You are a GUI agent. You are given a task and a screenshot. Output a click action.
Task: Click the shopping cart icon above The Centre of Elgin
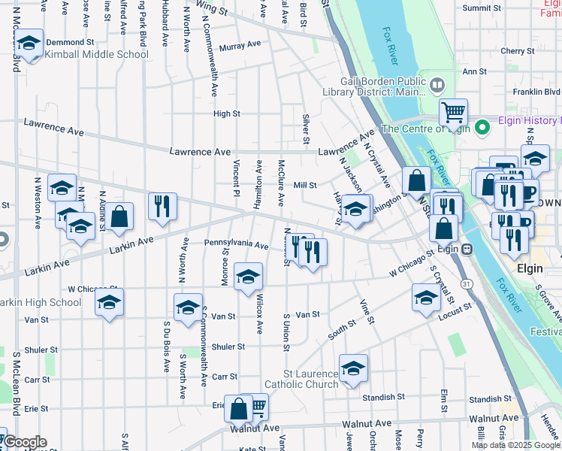pos(453,113)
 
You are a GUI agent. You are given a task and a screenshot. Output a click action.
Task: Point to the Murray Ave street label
pos(240,45)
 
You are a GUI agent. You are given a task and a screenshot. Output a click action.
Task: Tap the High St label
pos(226,114)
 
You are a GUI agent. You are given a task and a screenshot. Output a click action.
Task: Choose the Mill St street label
pos(305,185)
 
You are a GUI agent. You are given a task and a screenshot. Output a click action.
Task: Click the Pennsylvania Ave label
pos(236,245)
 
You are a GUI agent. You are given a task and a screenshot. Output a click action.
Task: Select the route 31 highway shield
pos(467,283)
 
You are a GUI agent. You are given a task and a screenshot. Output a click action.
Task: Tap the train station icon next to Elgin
pos(467,249)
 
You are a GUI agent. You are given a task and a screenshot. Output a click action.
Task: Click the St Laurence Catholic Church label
pos(310,380)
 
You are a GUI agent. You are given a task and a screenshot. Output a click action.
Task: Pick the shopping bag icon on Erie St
pos(238,410)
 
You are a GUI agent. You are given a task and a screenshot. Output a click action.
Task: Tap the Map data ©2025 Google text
pos(515,445)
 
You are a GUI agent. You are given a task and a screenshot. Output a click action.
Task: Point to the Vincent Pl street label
pos(235,173)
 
